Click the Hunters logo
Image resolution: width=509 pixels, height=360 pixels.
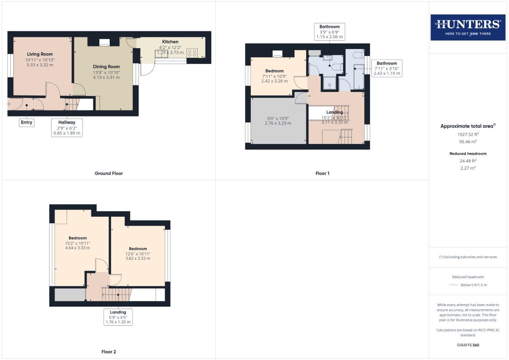pos(468,27)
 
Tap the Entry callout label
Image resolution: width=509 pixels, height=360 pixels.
pos(27,122)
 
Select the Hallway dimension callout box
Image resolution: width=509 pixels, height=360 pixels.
pos(67,128)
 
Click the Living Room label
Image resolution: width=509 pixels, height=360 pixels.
pos(40,54)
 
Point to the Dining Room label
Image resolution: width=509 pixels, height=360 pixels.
pos(106,67)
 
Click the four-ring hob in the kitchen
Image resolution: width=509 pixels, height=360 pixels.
pos(192,53)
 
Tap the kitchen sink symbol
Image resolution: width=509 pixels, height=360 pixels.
pos(161,53)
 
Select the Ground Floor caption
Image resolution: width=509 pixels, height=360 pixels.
pos(109,173)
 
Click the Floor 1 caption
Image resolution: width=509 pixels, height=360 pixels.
pos(322,173)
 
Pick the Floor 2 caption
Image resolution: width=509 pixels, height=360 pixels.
pos(109,352)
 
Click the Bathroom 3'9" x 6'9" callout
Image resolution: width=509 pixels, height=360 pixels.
pos(329,32)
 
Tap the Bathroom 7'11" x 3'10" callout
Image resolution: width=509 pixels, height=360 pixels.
pos(387,68)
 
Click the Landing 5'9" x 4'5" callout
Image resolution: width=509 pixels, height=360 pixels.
pos(118,317)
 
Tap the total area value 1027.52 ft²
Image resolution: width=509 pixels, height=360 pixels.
pos(468,135)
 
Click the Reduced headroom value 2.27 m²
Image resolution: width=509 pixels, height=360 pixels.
pos(468,168)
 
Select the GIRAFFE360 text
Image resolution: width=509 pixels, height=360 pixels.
pos(468,345)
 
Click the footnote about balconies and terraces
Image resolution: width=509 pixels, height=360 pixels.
pos(468,257)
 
